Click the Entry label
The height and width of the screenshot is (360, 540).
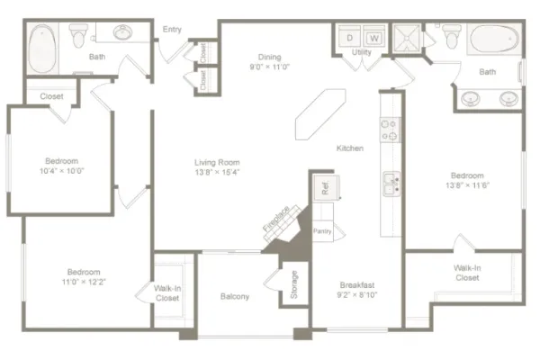(172, 30)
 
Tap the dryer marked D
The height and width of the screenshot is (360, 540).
(349, 37)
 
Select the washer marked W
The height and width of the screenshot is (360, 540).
(374, 37)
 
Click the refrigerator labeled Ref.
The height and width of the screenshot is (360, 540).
(326, 188)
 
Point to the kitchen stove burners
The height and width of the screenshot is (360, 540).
(390, 130)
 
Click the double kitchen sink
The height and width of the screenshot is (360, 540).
(391, 184)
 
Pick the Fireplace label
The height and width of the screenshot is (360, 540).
(276, 219)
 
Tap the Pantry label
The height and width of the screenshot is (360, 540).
(322, 231)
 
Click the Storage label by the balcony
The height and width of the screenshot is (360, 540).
(293, 284)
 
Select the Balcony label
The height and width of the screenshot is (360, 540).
(235, 296)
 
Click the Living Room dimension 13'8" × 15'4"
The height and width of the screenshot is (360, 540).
(217, 172)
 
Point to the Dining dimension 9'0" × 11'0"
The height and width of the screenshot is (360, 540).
(270, 67)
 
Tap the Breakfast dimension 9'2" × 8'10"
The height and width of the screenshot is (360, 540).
(357, 294)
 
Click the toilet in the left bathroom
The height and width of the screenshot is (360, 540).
(78, 35)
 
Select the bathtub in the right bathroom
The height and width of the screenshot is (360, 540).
(494, 39)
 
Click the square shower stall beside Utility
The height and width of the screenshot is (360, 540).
(407, 38)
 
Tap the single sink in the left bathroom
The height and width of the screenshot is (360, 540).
(123, 32)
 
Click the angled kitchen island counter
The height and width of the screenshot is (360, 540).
(320, 114)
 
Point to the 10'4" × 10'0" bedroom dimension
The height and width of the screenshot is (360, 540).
(61, 171)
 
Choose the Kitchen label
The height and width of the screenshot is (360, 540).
(350, 148)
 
